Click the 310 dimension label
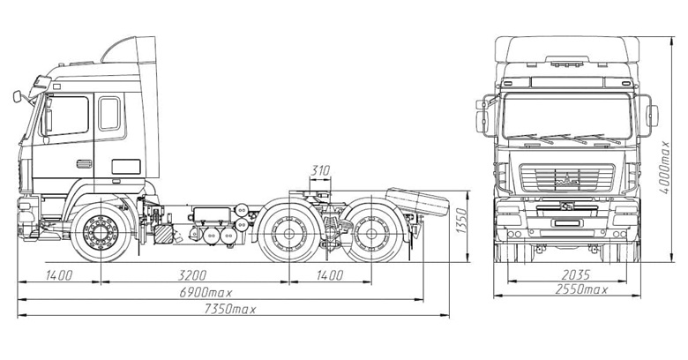tap(320, 170)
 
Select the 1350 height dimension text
tap(461, 221)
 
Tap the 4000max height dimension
tap(665, 167)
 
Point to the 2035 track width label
tap(576, 274)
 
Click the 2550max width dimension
tap(581, 289)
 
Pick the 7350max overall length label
tap(230, 309)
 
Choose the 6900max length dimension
tap(206, 292)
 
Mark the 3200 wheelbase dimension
tap(192, 275)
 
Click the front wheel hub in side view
tap(101, 233)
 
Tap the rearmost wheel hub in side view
tap(371, 234)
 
